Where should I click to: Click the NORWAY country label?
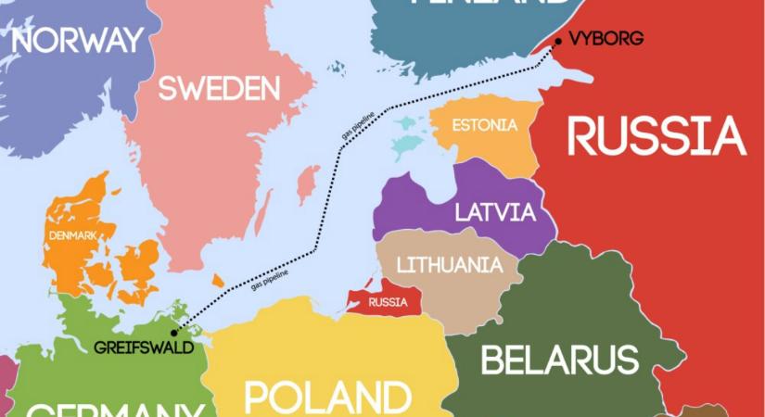pos(78,40)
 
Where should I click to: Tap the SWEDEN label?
pos(219,89)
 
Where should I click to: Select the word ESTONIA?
pos(483,126)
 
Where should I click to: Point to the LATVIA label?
pos(494,212)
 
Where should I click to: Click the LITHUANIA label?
pos(443,265)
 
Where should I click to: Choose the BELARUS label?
pos(559,359)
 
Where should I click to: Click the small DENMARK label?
pos(74,235)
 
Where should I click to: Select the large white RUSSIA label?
pos(657,137)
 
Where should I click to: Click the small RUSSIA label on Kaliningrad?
pos(388,302)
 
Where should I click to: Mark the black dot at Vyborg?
pos(557,40)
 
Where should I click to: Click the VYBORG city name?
pos(604,39)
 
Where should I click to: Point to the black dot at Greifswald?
pos(175,330)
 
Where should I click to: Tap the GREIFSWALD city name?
pos(144,347)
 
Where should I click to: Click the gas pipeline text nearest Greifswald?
pos(268,281)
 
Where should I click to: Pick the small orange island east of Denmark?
pos(218,280)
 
